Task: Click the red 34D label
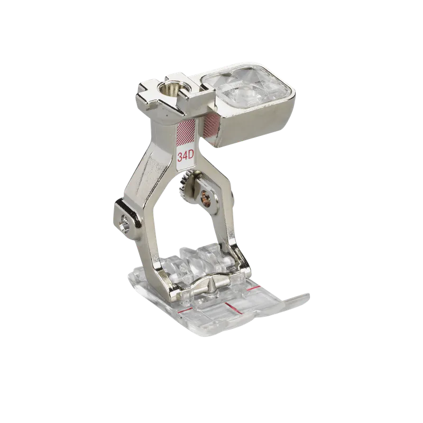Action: [x=187, y=157]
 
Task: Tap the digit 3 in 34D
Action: [x=180, y=157]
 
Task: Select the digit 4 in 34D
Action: [x=186, y=157]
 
